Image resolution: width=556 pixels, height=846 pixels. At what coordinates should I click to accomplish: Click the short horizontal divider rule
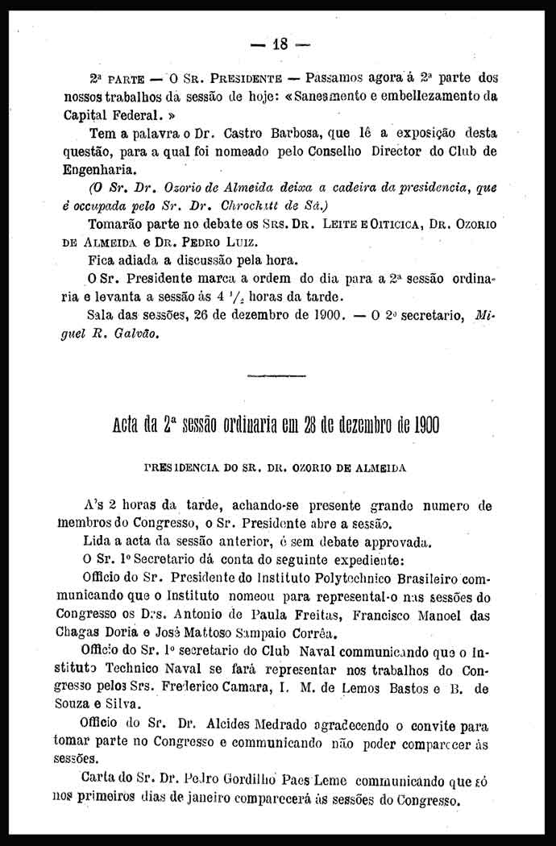[277, 375]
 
